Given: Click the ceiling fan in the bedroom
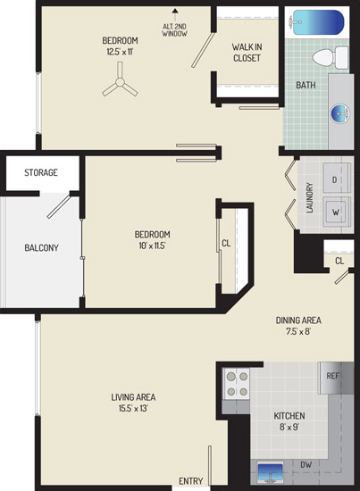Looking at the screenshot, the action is [120, 82].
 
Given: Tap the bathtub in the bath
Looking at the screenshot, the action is [317, 22].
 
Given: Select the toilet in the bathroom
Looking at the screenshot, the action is [331, 58].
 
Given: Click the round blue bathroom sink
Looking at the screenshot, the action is [340, 113].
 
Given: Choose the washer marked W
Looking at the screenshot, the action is [337, 212].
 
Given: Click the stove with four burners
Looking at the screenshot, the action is [237, 384].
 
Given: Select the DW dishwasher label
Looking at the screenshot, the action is [306, 465].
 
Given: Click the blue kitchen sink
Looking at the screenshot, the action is [270, 472].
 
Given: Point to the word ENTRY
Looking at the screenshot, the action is [191, 480].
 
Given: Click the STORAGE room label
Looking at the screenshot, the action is [41, 172].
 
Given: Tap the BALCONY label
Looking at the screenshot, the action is [41, 247].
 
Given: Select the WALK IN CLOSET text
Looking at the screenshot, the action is [247, 53].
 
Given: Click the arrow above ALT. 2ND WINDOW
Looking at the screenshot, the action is [175, 15].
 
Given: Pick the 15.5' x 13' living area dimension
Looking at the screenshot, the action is [133, 408].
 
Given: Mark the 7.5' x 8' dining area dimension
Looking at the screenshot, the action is [298, 331].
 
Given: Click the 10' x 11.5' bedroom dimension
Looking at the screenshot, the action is [152, 245].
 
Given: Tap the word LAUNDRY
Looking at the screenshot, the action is [310, 197].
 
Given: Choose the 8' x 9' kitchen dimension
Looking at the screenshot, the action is [289, 427].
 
